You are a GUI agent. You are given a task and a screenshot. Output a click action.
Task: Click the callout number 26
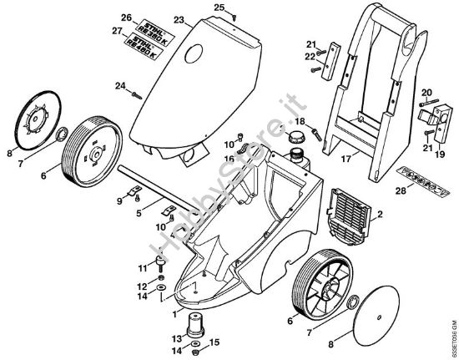pyautogui.click(x=126, y=18)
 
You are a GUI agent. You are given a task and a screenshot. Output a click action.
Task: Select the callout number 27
pyautogui.click(x=126, y=31)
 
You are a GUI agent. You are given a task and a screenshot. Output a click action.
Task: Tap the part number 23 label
pyautogui.click(x=179, y=18)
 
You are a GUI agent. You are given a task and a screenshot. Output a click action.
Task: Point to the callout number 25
pyautogui.click(x=219, y=8)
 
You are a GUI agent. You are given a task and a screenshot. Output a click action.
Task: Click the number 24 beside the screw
pyautogui.click(x=120, y=86)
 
